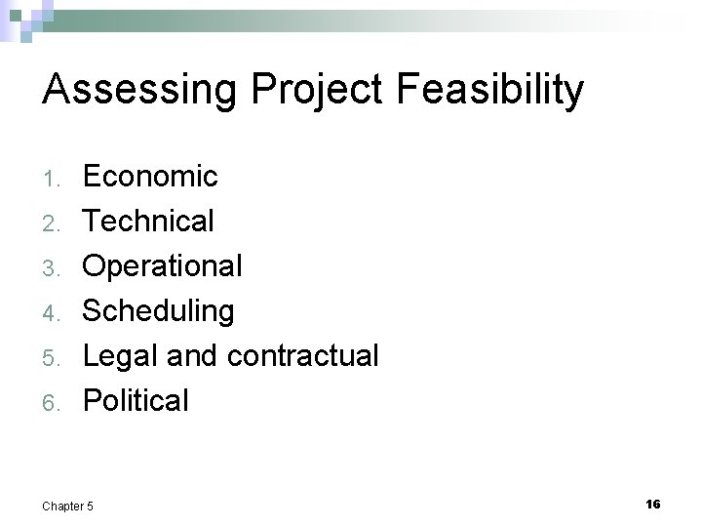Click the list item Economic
pyautogui.click(x=150, y=177)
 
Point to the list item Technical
pyautogui.click(x=148, y=222)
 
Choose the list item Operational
pyautogui.click(x=162, y=265)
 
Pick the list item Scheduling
pyautogui.click(x=158, y=311)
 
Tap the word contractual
pyautogui.click(x=302, y=356)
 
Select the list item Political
pyautogui.click(x=136, y=400)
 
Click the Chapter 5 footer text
pyautogui.click(x=68, y=506)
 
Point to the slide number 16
pyautogui.click(x=652, y=504)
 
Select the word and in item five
pyautogui.click(x=192, y=356)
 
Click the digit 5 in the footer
pyautogui.click(x=92, y=506)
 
